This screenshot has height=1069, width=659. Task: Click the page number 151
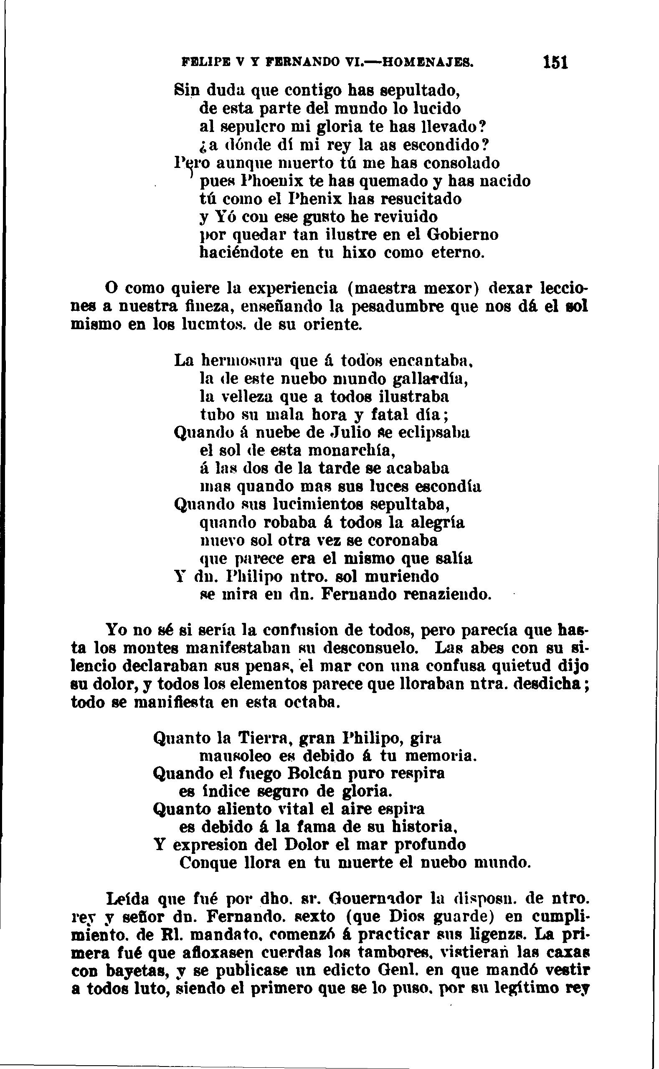[555, 62]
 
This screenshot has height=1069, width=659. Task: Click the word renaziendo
[448, 594]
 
